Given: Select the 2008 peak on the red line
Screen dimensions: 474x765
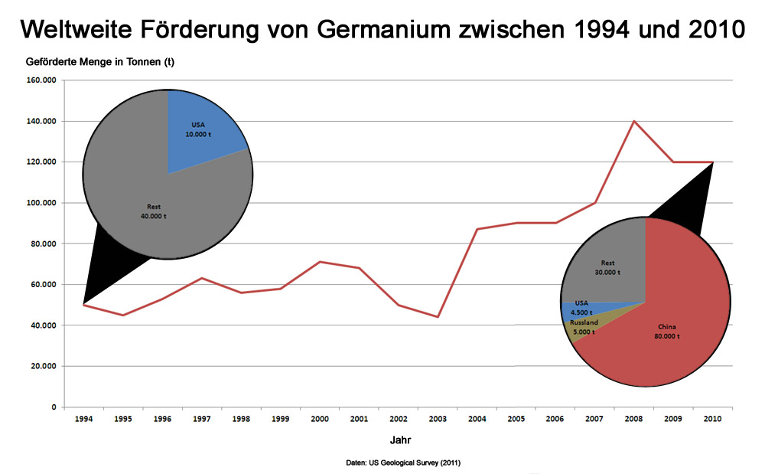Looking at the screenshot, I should click(633, 121).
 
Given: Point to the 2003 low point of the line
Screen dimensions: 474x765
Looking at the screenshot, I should click(438, 316).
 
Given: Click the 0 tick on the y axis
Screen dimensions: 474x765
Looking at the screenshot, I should click(53, 407).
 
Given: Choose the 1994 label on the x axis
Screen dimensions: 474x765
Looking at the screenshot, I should click(83, 420).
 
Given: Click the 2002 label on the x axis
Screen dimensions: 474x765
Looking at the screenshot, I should click(398, 420).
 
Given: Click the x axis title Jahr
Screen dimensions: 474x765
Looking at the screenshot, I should click(399, 441).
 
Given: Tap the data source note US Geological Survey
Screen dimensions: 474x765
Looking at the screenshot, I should click(402, 463).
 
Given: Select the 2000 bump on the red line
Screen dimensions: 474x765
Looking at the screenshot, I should click(320, 262).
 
